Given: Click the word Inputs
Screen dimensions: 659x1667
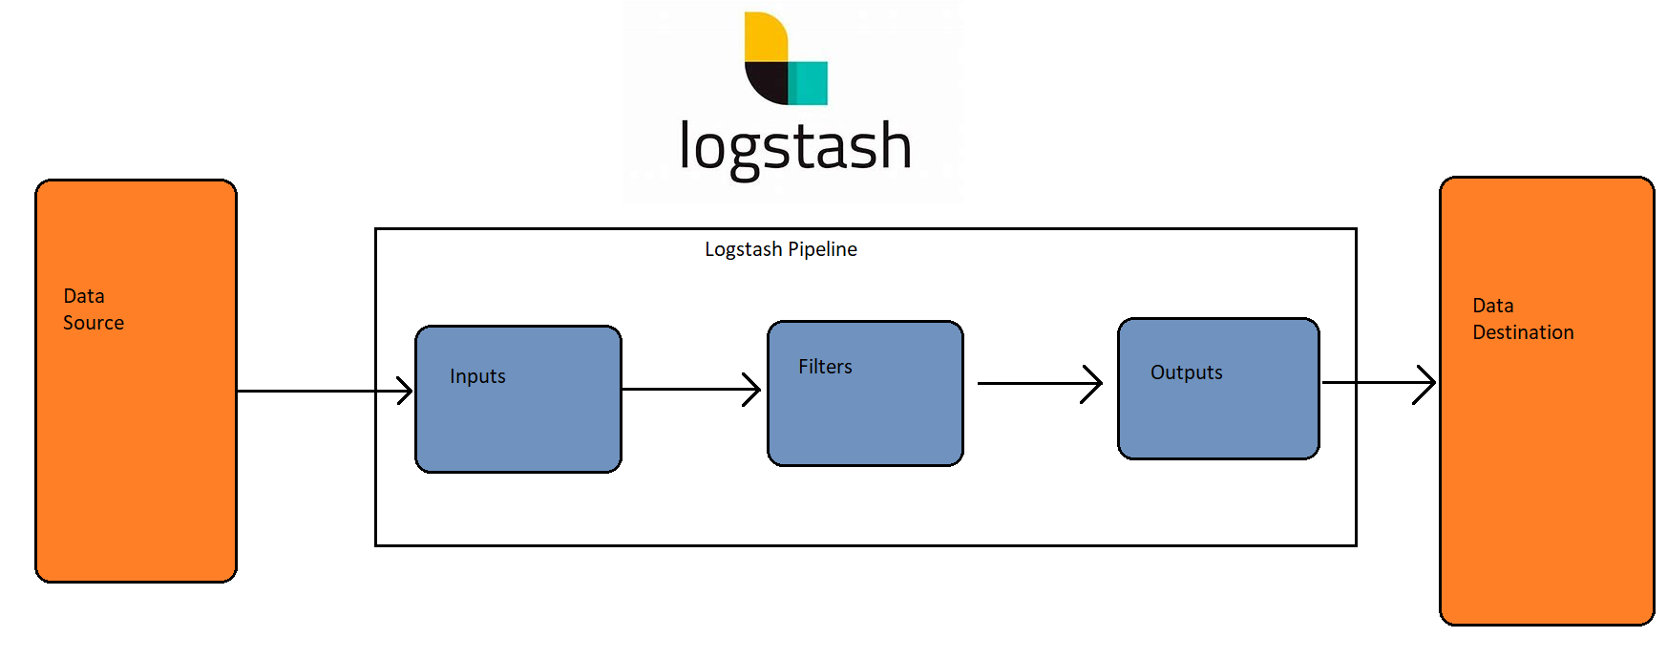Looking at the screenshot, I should pyautogui.click(x=477, y=376).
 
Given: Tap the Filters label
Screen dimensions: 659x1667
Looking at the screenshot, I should pyautogui.click(x=825, y=367).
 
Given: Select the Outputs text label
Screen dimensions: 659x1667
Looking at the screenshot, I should pyautogui.click(x=1186, y=372).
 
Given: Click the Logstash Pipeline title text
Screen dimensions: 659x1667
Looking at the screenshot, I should pyautogui.click(x=780, y=249).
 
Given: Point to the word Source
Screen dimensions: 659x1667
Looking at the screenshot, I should pyautogui.click(x=94, y=323).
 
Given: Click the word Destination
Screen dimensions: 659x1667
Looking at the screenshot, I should pyautogui.click(x=1523, y=332).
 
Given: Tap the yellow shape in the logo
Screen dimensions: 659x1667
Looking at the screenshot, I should pyautogui.click(x=764, y=36).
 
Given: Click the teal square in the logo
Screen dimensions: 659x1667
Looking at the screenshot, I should pyautogui.click(x=810, y=83).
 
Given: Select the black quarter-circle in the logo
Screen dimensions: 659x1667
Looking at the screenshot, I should pyautogui.click(x=767, y=82).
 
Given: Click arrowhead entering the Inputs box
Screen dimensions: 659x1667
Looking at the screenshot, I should pyautogui.click(x=405, y=390).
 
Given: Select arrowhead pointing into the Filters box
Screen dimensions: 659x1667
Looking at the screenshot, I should pyautogui.click(x=752, y=389).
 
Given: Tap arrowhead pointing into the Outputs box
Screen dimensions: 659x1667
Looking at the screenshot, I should pyautogui.click(x=1093, y=383).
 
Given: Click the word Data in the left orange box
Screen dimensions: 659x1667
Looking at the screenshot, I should pyautogui.click(x=84, y=296).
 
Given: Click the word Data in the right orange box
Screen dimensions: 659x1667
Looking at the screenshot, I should pyautogui.click(x=1492, y=306).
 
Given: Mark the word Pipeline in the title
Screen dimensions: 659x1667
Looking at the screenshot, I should pyautogui.click(x=822, y=249).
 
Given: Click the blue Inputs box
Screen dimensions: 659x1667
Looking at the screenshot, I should pyautogui.click(x=518, y=420).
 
